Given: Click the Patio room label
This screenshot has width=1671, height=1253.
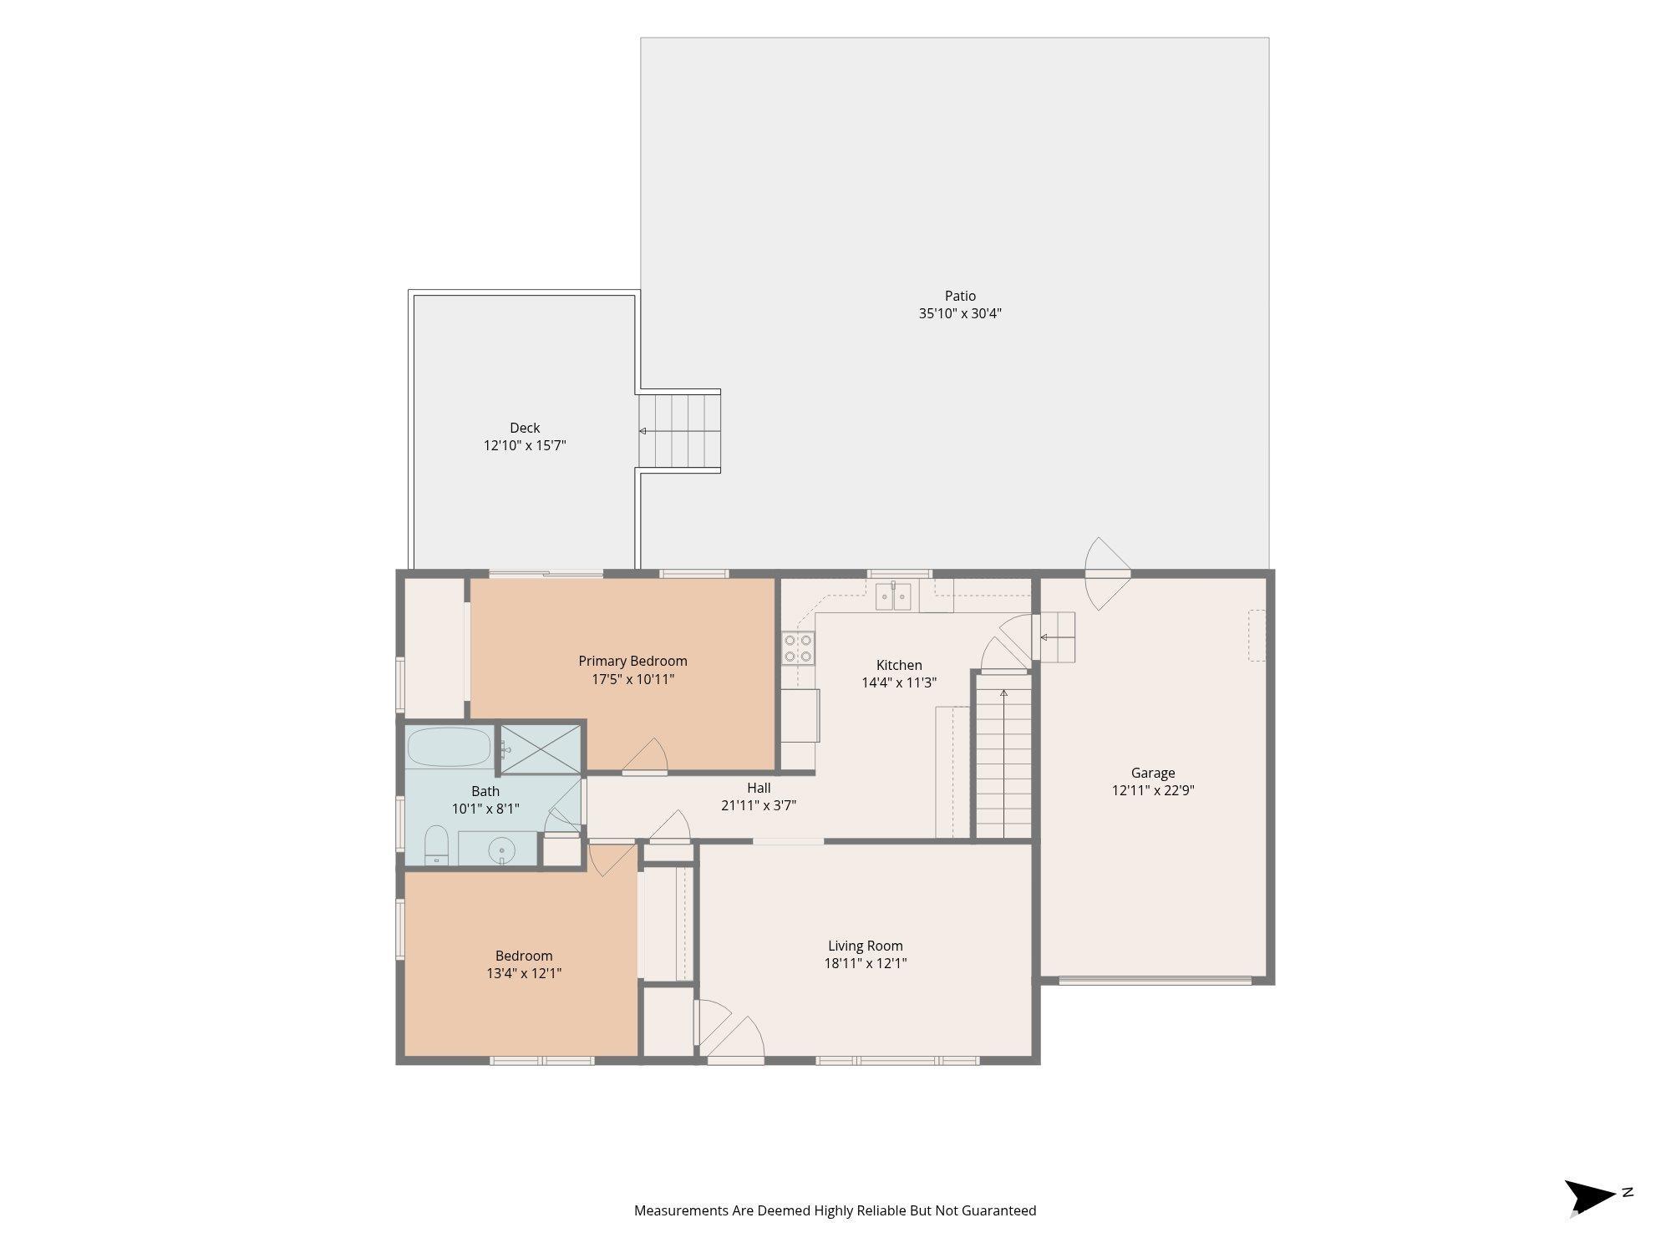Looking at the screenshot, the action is tap(960, 296).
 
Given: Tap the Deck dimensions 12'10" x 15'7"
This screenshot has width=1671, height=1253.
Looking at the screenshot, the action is tap(525, 445).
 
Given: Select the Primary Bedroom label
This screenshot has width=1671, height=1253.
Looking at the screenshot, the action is tap(632, 661).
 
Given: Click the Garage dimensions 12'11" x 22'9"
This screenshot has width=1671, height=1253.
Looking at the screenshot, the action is tap(1153, 790).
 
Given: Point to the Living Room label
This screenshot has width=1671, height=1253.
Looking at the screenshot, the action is tap(866, 946).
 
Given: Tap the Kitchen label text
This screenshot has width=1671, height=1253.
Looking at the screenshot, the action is tap(899, 665).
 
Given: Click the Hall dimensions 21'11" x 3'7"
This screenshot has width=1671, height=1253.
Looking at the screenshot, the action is tap(759, 805).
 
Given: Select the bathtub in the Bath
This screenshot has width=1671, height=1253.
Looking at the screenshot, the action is tap(449, 747).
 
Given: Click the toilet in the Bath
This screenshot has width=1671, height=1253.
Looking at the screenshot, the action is tap(436, 845).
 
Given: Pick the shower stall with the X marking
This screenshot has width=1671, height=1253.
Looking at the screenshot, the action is tap(540, 749).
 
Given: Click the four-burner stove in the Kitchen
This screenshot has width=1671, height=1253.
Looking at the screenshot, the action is tap(798, 648).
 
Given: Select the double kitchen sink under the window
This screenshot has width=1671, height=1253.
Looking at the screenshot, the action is tap(893, 596).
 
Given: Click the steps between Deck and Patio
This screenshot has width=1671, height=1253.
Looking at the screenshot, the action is tap(679, 431).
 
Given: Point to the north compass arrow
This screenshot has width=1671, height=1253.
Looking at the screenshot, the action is tap(1590, 1197).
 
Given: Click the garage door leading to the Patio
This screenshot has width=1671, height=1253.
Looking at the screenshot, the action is tap(1107, 574).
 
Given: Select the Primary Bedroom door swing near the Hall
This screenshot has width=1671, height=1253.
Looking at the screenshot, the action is tap(645, 756).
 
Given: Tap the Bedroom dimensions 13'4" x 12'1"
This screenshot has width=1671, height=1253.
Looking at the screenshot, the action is tap(524, 973).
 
